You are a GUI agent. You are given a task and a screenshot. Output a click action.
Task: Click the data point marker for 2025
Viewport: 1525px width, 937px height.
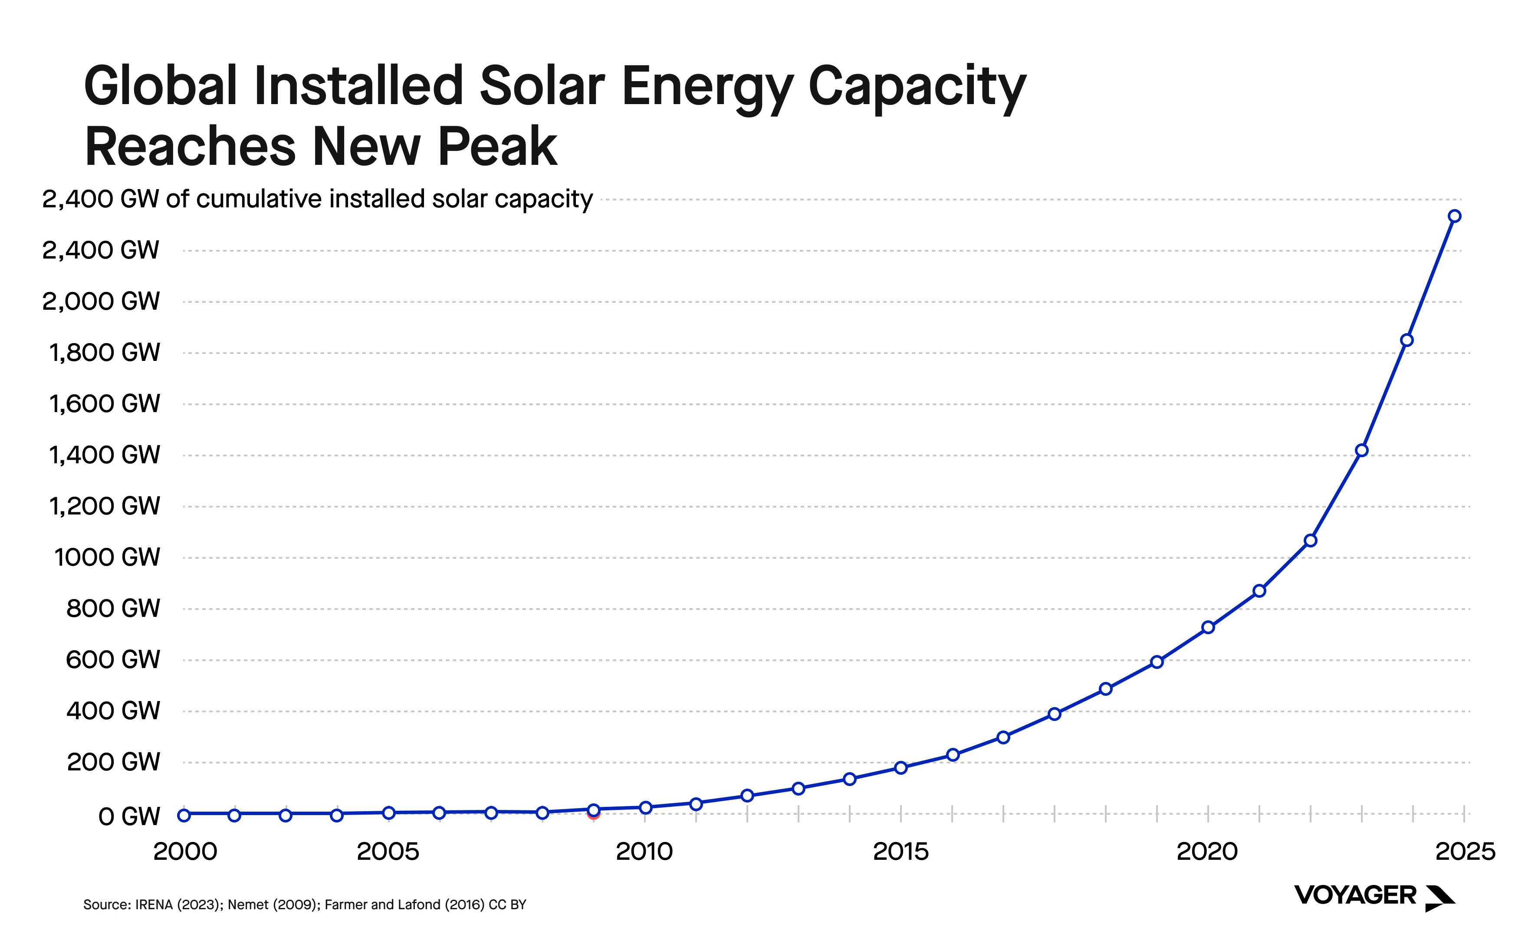tap(1454, 216)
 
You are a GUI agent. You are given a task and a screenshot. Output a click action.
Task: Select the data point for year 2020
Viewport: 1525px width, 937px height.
tap(1208, 627)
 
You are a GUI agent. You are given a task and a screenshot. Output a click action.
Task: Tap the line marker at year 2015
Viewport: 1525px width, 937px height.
tap(901, 768)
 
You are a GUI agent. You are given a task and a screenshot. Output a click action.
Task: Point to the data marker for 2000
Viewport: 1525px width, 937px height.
tap(184, 815)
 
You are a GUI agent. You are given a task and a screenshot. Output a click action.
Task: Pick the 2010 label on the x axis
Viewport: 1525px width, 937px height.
tap(644, 852)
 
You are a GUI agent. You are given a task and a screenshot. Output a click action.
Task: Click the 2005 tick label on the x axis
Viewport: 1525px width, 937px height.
tap(388, 852)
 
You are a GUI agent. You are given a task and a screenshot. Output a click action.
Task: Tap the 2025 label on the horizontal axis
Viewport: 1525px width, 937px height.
tap(1465, 852)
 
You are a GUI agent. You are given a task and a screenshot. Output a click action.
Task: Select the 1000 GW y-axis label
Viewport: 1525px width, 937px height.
tap(107, 557)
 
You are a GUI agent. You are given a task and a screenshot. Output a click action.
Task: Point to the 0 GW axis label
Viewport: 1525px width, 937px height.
tap(129, 816)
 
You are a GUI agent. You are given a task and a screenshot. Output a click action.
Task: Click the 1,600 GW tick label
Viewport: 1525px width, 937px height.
tap(104, 403)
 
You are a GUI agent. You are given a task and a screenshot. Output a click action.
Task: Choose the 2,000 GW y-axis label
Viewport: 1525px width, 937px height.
tap(100, 301)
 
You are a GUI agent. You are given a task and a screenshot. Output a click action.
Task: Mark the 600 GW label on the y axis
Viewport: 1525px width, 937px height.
tap(113, 659)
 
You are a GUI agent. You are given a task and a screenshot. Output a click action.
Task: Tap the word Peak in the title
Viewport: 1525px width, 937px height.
tap(497, 147)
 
